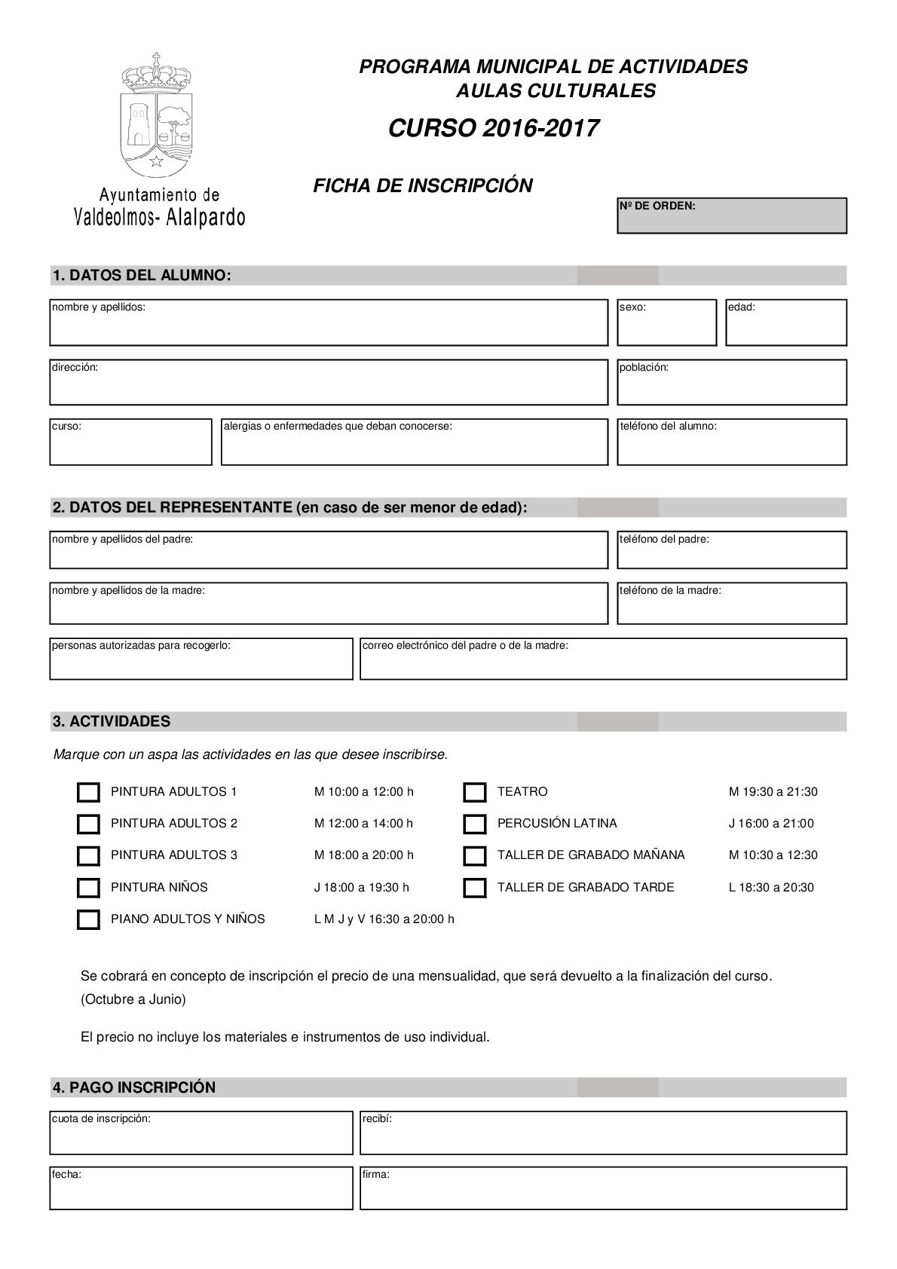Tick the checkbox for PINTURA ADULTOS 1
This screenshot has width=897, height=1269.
pos(88,792)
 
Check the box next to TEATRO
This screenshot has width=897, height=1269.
pos(475,792)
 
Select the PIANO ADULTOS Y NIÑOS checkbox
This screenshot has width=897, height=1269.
pos(88,919)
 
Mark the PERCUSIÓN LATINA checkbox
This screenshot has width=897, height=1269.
pos(475,824)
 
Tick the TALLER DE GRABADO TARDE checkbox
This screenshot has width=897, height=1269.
pos(475,888)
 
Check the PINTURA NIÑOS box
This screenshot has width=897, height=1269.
pos(88,888)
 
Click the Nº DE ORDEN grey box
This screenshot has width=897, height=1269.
pos(731,216)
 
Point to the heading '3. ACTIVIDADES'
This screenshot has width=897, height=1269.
pos(112,721)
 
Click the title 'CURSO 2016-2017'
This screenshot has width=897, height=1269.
pos(494,129)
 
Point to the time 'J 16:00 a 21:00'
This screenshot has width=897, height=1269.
pos(771,824)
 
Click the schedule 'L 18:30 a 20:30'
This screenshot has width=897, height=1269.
pos(771,888)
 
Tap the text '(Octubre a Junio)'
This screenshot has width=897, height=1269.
pos(133,999)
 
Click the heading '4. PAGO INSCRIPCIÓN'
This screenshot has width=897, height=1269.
pos(134,1087)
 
